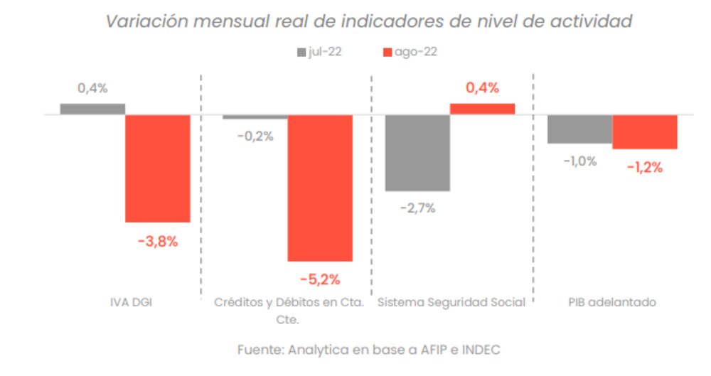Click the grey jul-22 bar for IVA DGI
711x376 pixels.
coord(92,109)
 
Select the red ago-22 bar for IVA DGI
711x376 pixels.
coord(158,168)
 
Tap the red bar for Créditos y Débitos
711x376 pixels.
coord(320,188)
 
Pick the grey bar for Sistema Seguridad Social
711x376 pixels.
coord(417,152)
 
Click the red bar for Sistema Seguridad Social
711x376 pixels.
coord(482,109)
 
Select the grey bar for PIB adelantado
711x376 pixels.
coord(579,129)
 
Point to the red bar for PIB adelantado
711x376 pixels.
coord(645,131)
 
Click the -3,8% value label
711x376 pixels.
coord(158,241)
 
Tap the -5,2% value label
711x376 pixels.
coord(320,279)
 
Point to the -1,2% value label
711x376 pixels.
coord(645,168)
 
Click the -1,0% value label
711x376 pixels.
coord(579,161)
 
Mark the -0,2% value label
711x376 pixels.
coord(255,136)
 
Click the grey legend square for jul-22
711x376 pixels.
coord(300,53)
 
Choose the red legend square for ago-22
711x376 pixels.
coord(387,53)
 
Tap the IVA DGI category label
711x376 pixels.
coord(126,303)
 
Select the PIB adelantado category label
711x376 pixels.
coord(612,303)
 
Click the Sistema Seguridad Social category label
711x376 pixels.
coord(451,303)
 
